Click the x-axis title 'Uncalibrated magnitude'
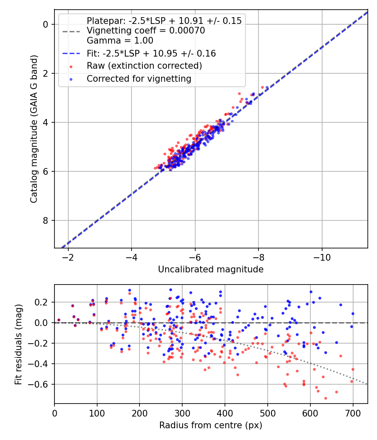pos(211,269)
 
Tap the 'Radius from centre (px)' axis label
pos(211,425)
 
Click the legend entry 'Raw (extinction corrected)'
pos(144,66)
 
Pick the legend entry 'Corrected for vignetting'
pos(139,79)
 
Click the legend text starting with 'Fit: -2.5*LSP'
pos(151,54)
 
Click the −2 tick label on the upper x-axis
pos(68,256)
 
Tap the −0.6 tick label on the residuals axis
pos(42,384)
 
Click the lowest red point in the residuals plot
pos(325,398)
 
